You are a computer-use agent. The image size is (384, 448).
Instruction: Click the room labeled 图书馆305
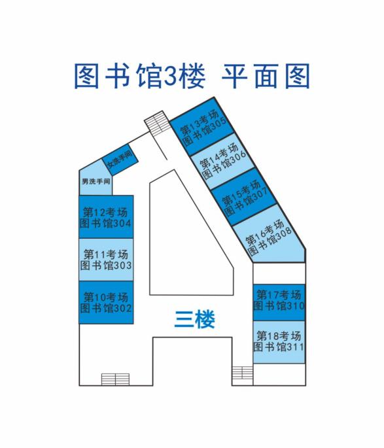click(x=201, y=126)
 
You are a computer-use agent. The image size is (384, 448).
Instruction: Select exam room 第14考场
click(x=222, y=161)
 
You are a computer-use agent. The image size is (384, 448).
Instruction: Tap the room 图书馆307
click(x=244, y=197)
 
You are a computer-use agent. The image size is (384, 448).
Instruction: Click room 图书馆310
click(x=279, y=302)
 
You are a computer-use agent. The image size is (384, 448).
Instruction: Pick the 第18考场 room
click(x=279, y=342)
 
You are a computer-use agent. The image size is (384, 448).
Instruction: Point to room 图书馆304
click(x=106, y=217)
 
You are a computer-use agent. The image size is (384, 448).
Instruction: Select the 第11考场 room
click(x=106, y=260)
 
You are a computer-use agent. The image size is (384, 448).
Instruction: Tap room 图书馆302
click(x=106, y=302)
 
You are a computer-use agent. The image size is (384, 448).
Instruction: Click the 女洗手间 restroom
click(x=120, y=160)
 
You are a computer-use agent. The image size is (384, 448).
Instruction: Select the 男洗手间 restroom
click(x=96, y=179)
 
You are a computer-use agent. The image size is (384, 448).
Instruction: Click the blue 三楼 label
click(x=194, y=319)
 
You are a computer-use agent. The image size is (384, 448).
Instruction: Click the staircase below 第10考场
click(x=115, y=379)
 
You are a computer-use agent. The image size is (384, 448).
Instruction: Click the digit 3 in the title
click(x=170, y=77)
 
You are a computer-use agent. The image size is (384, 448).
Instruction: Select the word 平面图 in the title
click(x=266, y=76)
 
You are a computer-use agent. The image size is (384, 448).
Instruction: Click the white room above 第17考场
click(x=279, y=273)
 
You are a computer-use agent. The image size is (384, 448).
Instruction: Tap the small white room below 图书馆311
click(x=279, y=375)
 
